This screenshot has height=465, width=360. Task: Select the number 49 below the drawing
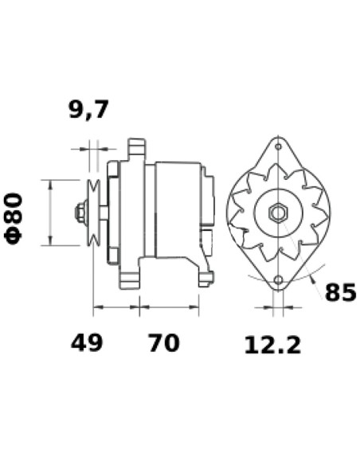click(x=87, y=343)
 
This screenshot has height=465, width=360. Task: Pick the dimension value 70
click(x=163, y=343)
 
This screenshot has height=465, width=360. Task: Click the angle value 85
click(x=340, y=293)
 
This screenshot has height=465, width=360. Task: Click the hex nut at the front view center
click(x=278, y=213)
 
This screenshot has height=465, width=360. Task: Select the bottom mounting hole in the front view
click(x=278, y=280)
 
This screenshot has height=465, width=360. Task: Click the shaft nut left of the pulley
click(x=80, y=213)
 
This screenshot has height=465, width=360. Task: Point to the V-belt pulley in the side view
click(x=93, y=213)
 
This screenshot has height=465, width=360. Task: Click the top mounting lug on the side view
click(x=136, y=149)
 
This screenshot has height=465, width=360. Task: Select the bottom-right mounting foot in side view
click(x=205, y=278)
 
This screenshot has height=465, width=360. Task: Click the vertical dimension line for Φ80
click(x=51, y=213)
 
